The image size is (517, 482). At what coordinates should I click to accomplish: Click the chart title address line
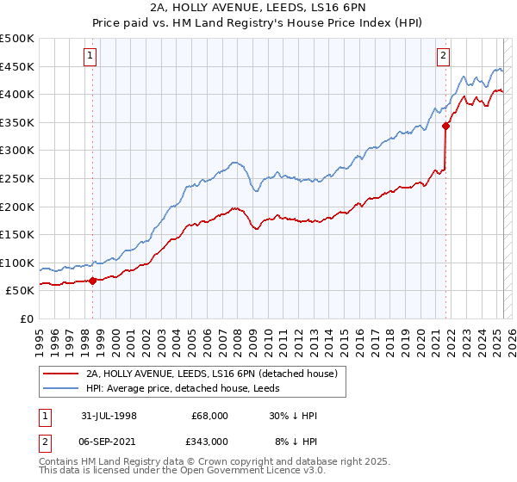point(258,9)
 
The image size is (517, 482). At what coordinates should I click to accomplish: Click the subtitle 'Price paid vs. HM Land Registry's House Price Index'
point(258,23)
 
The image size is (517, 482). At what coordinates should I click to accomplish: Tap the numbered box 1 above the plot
point(90,57)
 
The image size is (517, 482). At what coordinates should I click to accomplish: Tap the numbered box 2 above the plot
point(443,57)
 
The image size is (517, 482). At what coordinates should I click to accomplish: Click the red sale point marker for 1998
point(92,280)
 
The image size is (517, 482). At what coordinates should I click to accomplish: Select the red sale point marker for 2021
point(445,126)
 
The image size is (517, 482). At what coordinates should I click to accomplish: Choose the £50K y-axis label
point(20,291)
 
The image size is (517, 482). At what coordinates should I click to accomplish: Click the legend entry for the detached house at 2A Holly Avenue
point(215,374)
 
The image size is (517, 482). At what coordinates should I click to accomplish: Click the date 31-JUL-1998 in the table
point(115,416)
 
